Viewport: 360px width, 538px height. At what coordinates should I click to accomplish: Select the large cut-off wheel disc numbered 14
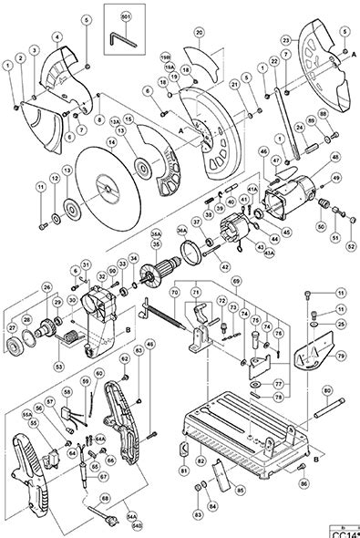108,187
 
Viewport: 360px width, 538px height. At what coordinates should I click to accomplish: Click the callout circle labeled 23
287,41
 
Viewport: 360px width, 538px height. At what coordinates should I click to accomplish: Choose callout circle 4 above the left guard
57,36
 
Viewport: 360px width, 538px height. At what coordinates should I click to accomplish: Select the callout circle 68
106,497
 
